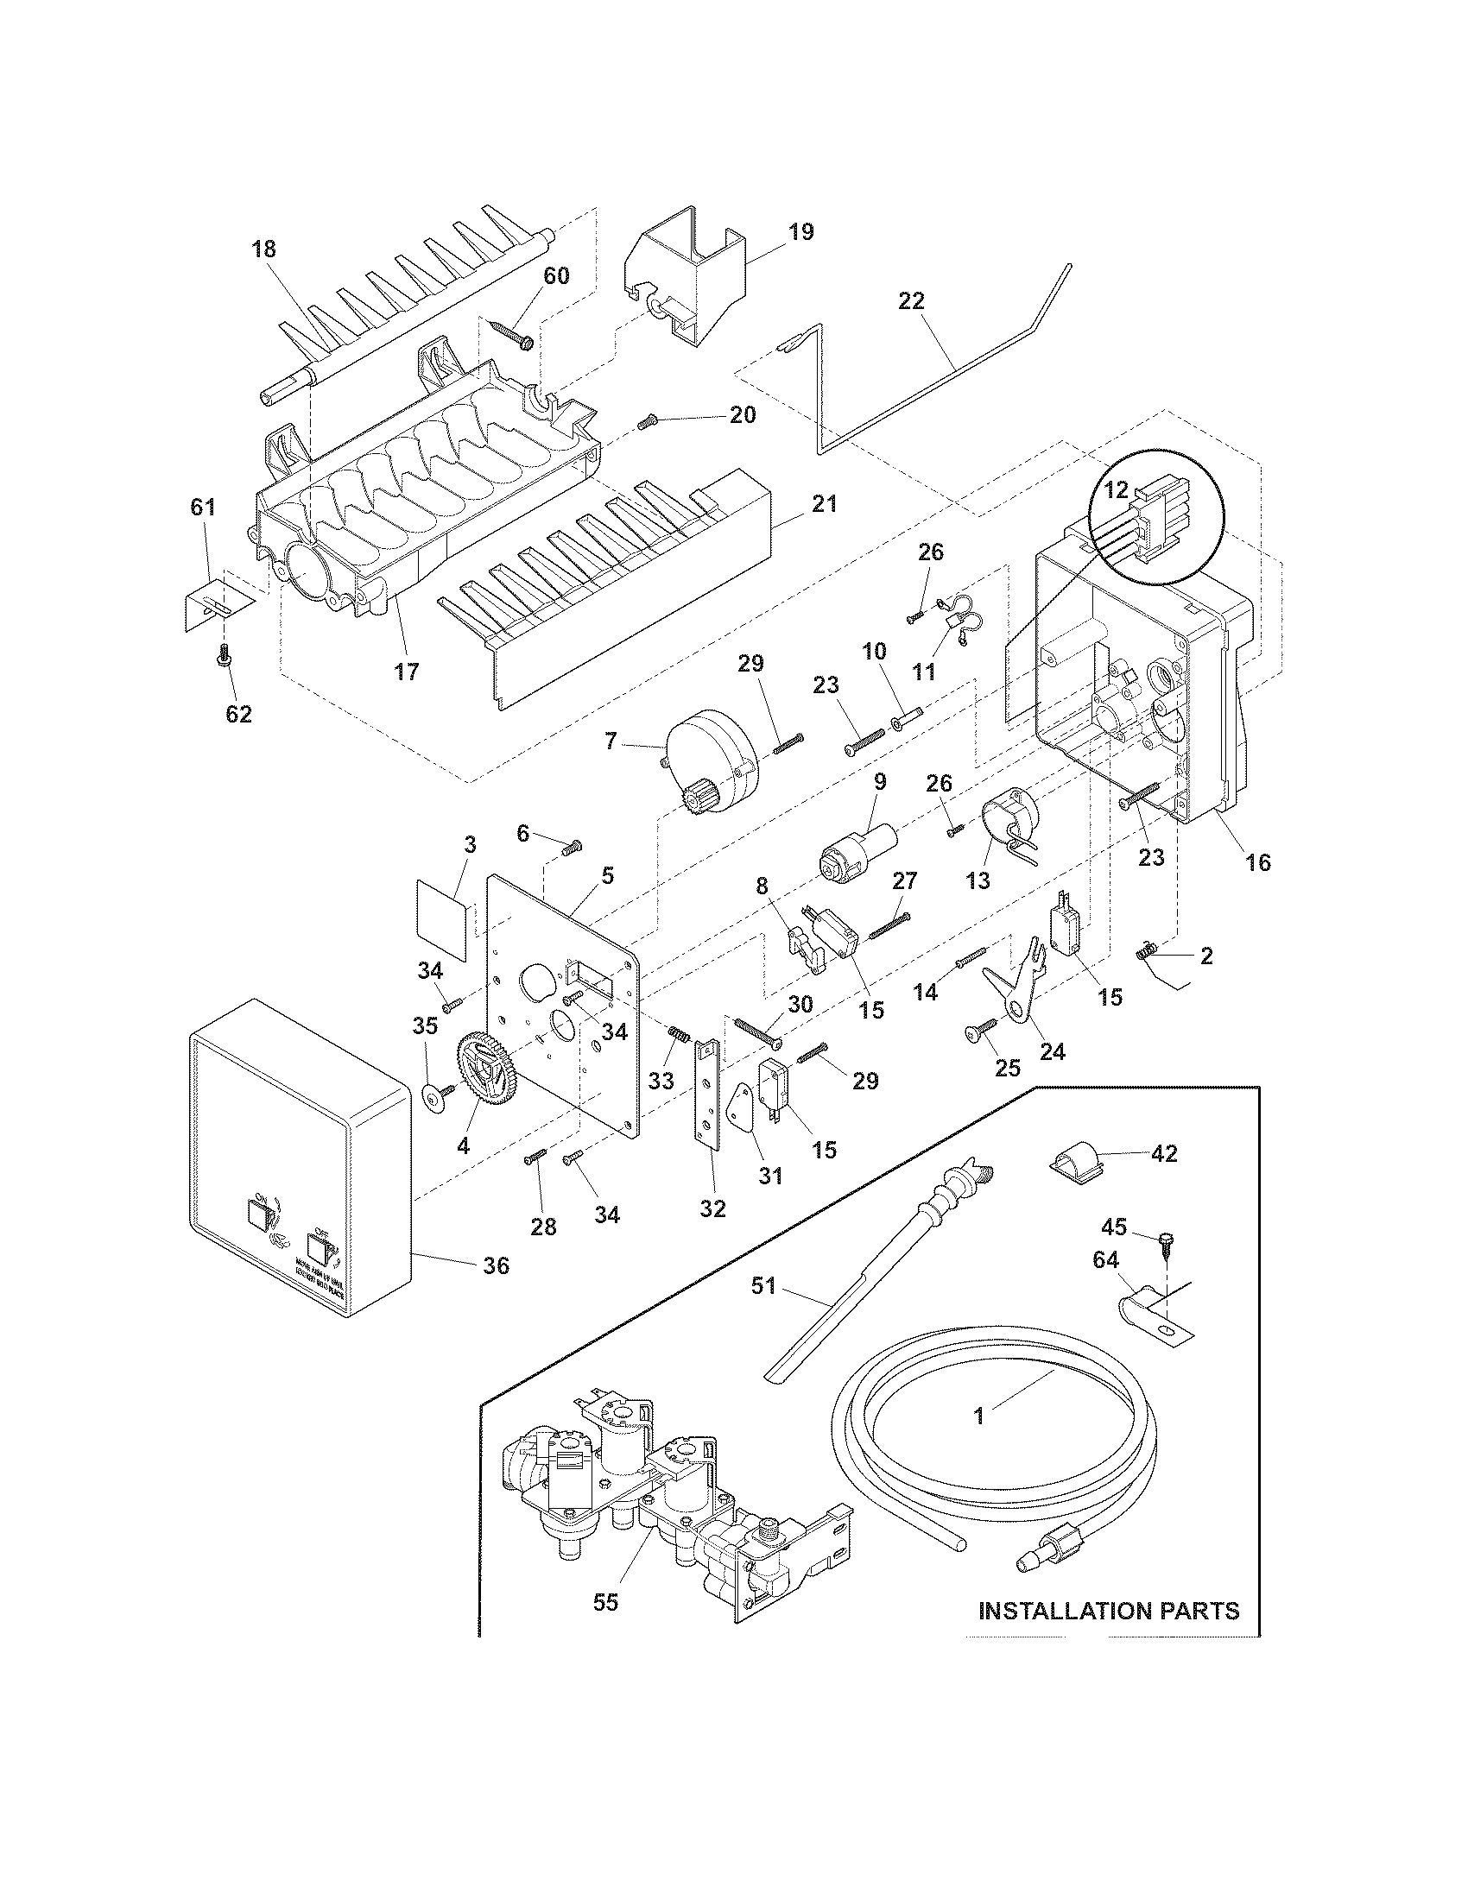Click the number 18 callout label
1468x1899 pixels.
coord(263,249)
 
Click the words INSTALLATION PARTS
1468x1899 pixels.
coord(1109,1612)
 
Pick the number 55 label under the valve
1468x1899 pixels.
coord(605,1604)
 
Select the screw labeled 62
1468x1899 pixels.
coord(223,678)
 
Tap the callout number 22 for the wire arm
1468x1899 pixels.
coord(912,302)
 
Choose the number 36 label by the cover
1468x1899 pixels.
coord(496,1266)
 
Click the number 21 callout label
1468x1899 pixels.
coord(825,503)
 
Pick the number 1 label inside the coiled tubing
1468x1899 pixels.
coord(978,1416)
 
